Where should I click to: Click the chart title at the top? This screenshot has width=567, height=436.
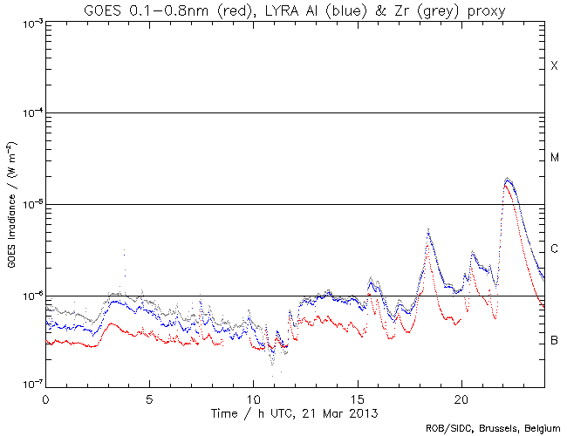(295, 10)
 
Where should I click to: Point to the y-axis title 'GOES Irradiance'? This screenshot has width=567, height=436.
(11, 204)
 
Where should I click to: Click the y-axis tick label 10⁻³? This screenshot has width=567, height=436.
(28, 23)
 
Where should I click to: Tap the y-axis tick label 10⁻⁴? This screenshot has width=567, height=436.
(28, 113)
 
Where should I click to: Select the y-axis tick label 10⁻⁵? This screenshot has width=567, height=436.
(28, 205)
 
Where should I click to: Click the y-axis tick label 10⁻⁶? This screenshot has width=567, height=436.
(28, 296)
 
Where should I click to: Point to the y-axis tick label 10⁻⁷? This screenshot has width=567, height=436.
(28, 384)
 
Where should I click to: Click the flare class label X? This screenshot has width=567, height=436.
(554, 66)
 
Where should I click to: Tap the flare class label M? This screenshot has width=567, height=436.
(554, 158)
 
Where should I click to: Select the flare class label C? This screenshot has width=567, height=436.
(554, 249)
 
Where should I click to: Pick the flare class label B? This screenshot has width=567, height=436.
(554, 340)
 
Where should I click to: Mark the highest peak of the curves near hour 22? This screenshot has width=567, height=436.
(508, 179)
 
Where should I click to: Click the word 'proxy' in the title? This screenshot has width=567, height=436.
(484, 10)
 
